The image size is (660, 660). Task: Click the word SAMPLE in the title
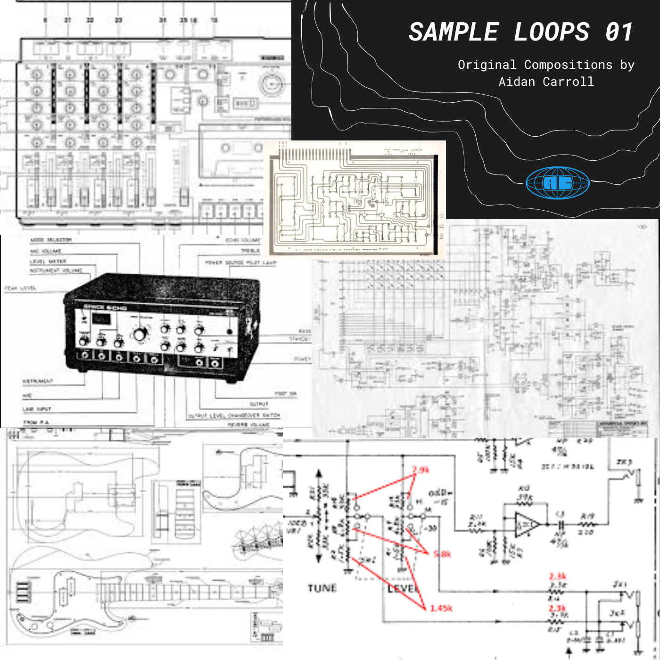click(453, 33)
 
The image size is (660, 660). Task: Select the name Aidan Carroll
click(546, 82)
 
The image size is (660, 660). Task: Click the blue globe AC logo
click(557, 183)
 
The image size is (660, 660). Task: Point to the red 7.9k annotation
click(421, 470)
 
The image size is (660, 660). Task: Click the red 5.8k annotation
click(442, 554)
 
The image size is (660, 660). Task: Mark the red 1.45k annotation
click(441, 608)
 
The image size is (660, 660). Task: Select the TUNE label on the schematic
click(322, 588)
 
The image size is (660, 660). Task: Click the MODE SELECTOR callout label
click(51, 240)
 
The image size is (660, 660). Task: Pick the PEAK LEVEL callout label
click(20, 288)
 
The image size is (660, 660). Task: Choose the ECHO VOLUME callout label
click(242, 240)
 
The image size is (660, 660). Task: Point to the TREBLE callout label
click(250, 251)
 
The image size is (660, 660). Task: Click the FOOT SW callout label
click(285, 394)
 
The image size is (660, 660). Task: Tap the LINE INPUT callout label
click(37, 409)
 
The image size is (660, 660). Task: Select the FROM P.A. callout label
click(36, 422)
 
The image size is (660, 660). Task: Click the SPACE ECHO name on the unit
click(105, 307)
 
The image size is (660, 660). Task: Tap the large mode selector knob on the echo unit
click(140, 334)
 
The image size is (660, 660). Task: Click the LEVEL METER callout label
click(48, 261)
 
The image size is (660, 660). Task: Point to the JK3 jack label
click(624, 462)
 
